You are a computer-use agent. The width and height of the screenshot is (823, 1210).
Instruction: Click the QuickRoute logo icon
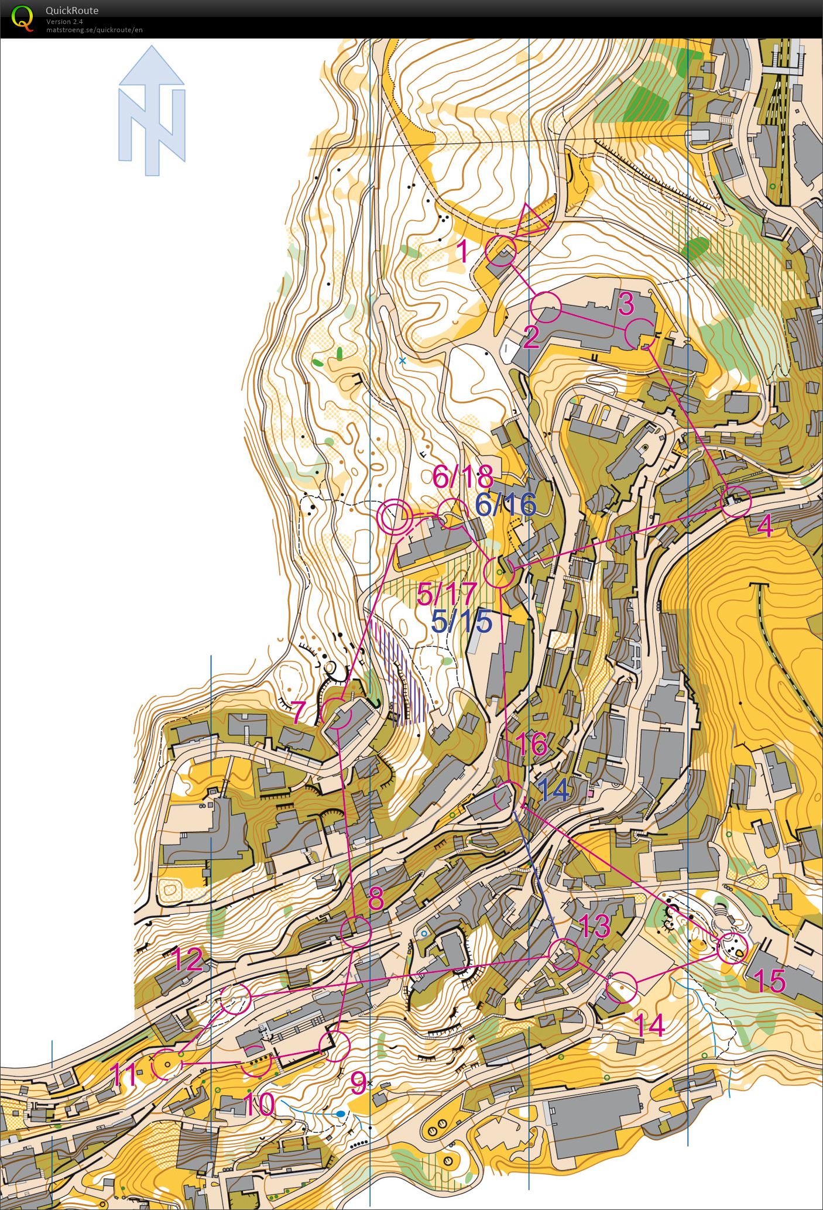click(22, 18)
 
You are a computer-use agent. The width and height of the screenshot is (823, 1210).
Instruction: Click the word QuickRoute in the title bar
click(72, 11)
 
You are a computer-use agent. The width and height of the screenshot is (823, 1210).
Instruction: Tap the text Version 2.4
click(64, 22)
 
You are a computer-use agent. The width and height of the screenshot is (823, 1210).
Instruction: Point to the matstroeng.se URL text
click(94, 29)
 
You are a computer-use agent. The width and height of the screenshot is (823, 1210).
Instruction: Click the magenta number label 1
click(462, 252)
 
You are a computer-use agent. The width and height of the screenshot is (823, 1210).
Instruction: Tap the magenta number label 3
click(626, 303)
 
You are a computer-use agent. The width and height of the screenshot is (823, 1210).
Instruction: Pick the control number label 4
click(765, 527)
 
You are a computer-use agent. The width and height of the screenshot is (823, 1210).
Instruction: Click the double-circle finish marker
click(394, 517)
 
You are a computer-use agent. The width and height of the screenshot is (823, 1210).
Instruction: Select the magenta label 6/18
click(462, 477)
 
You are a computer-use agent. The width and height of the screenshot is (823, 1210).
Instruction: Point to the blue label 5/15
click(461, 621)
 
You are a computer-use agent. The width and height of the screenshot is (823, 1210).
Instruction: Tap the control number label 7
click(299, 712)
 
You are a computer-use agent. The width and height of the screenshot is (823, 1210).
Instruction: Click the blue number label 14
click(553, 790)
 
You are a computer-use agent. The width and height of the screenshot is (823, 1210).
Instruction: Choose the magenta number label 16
click(531, 744)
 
